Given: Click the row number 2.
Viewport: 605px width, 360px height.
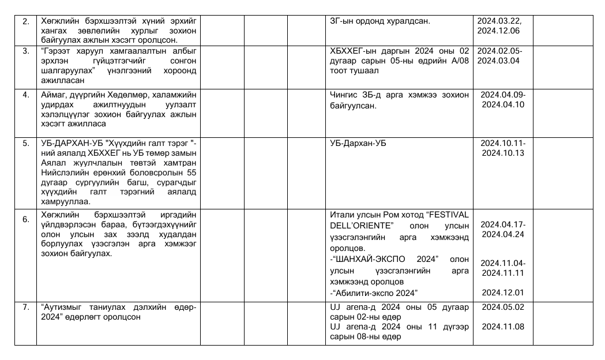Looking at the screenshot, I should tap(25, 21).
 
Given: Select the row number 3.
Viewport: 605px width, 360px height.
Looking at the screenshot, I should tap(25, 51).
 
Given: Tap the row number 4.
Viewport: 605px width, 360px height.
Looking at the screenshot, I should tap(25, 95).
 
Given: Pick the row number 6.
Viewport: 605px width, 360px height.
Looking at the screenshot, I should tap(25, 219).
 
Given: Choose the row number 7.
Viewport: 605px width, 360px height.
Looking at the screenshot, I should tap(25, 307).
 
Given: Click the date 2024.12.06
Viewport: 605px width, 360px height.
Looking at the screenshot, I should tap(498, 31).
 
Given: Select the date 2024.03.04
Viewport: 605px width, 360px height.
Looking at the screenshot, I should tap(498, 61).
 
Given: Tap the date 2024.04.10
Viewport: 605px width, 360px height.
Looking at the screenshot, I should tap(503, 104).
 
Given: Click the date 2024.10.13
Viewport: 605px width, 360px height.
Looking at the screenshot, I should tap(503, 153).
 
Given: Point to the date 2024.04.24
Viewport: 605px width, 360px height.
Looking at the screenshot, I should tap(503, 234).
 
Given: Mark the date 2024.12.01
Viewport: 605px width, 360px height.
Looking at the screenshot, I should tap(503, 292).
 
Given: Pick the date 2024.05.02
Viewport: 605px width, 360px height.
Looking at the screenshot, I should tap(503, 307).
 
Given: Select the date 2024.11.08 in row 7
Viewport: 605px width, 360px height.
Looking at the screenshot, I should tap(503, 327).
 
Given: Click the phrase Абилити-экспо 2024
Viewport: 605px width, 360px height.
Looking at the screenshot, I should tap(374, 292).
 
